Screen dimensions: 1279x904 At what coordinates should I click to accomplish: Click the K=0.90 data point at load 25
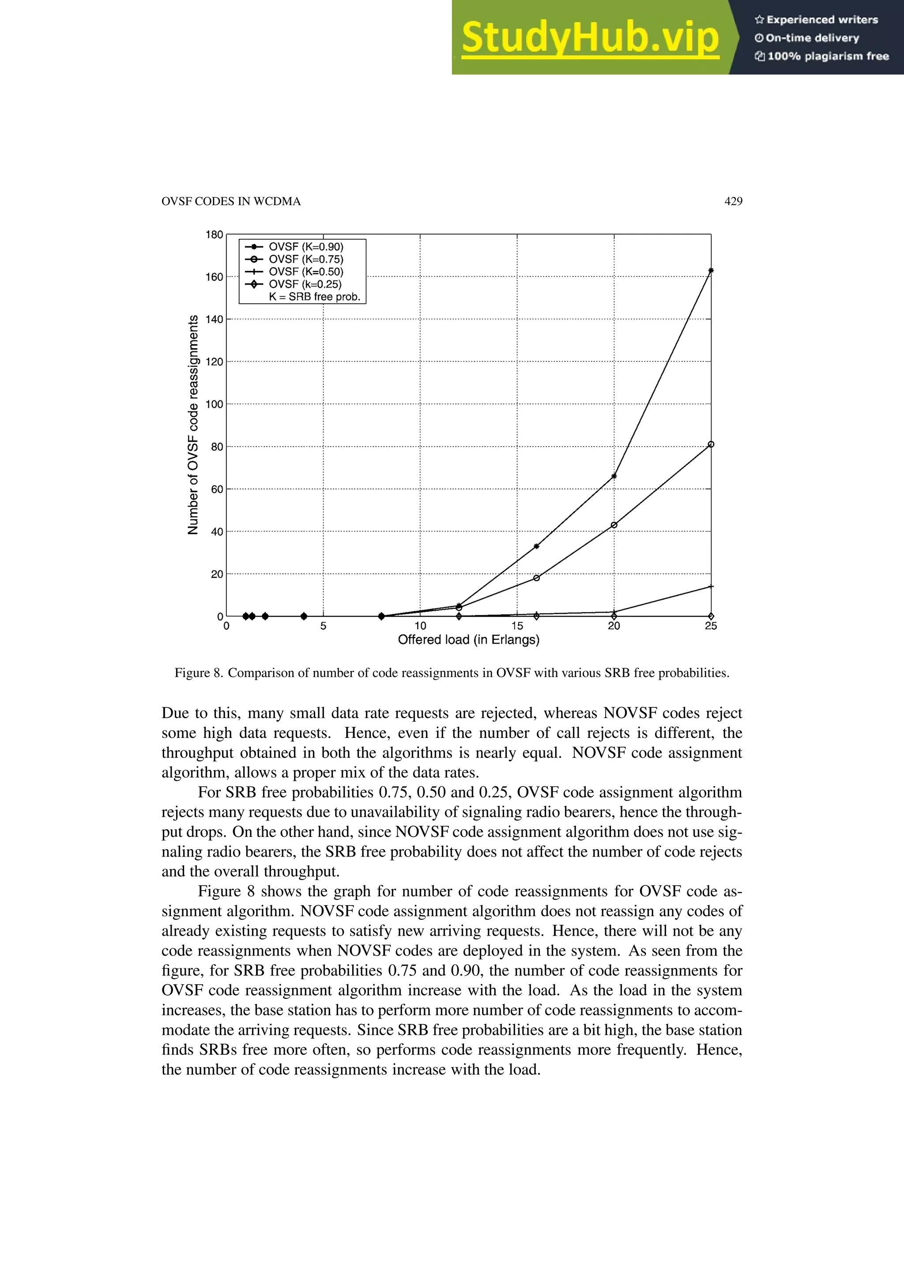(x=711, y=271)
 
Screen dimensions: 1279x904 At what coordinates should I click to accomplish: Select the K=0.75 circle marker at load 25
(x=711, y=444)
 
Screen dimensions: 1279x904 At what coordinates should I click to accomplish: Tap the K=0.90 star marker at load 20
(x=614, y=476)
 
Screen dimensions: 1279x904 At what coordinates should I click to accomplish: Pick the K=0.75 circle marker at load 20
(x=614, y=525)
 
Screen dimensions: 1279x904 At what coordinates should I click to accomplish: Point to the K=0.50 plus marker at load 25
(x=711, y=587)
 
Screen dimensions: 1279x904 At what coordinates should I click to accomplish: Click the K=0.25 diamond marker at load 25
(x=711, y=616)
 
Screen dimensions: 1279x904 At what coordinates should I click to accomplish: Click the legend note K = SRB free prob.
(x=315, y=297)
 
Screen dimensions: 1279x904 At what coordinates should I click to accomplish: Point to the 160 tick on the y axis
(x=214, y=277)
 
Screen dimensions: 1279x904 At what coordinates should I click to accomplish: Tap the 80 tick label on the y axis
(x=217, y=447)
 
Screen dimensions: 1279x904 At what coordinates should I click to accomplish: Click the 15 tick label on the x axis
(x=517, y=626)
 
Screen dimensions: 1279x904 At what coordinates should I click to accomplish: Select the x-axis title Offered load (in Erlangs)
(x=468, y=640)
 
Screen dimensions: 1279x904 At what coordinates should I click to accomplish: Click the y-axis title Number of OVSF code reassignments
(x=193, y=425)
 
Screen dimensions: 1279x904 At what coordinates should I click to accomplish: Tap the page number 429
(x=733, y=201)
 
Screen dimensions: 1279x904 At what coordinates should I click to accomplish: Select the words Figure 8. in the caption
(x=199, y=673)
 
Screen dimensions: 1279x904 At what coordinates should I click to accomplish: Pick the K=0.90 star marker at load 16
(x=536, y=546)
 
